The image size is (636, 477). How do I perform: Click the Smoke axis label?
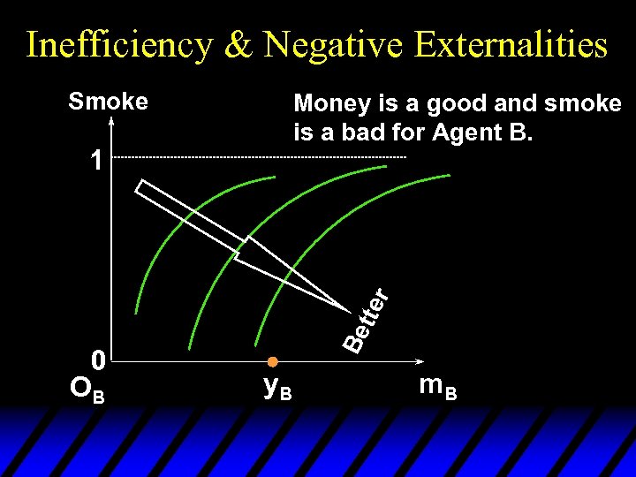[109, 102]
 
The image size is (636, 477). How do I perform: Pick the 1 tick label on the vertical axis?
[97, 160]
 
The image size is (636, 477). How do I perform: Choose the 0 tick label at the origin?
[99, 359]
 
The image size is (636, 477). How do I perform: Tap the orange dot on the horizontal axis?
[273, 362]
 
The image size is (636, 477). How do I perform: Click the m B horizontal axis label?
[438, 386]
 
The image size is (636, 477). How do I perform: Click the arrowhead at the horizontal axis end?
[416, 362]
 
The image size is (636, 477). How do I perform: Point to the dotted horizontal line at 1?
[265, 157]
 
